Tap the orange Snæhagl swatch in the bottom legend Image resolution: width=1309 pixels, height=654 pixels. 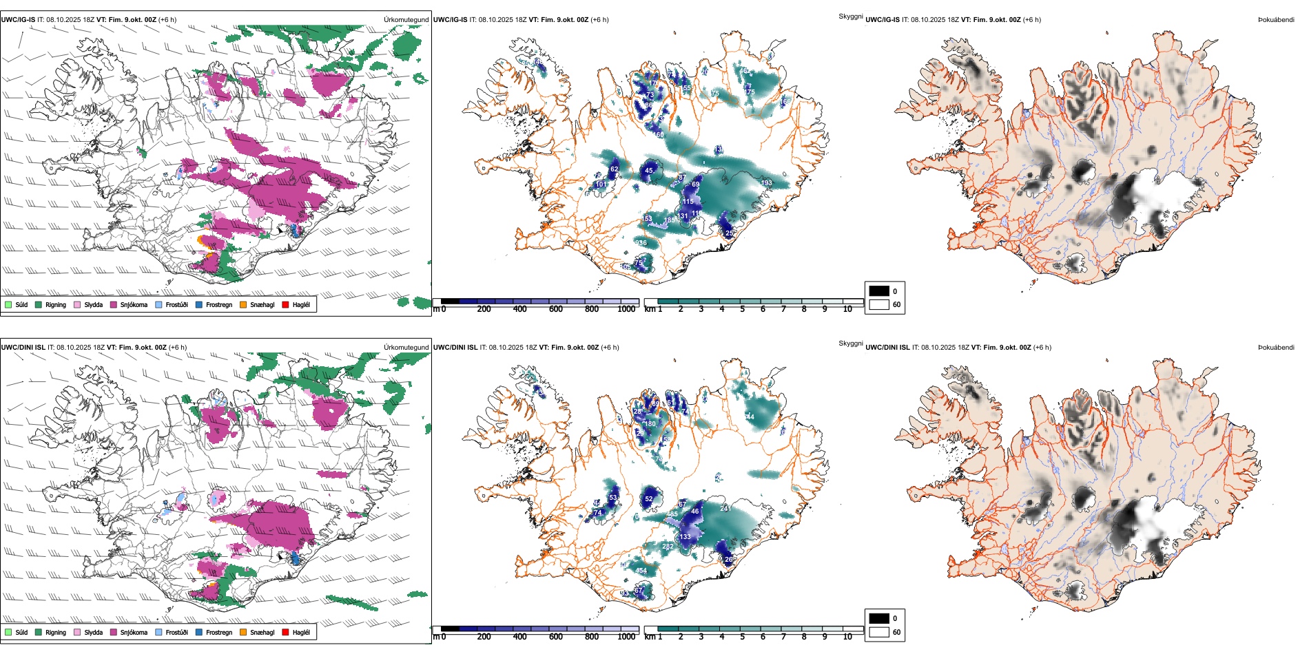click(x=244, y=632)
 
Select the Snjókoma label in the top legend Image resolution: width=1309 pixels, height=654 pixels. click(x=134, y=304)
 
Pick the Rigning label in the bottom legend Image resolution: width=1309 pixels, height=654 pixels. click(x=56, y=632)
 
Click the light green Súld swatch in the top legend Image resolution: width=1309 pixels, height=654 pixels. click(x=8, y=304)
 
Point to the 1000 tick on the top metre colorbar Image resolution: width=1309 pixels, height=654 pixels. click(x=626, y=309)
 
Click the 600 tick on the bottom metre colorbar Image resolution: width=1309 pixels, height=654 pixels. click(x=556, y=637)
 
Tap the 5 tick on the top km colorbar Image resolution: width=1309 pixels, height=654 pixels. click(x=743, y=309)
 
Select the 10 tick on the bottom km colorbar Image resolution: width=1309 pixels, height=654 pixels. click(x=847, y=637)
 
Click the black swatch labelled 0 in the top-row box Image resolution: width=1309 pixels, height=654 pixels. click(x=879, y=291)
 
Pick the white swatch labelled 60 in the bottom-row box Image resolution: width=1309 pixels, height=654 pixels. click(x=879, y=632)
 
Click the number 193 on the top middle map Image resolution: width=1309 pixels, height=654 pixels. click(x=766, y=183)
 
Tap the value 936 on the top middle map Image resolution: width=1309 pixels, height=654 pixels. click(x=641, y=243)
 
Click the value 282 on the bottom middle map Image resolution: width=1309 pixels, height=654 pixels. click(x=668, y=547)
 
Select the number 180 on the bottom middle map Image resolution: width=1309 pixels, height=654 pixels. click(x=650, y=424)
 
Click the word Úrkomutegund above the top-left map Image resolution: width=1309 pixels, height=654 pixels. click(x=406, y=20)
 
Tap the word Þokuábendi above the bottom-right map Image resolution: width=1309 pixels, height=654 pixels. click(x=1276, y=348)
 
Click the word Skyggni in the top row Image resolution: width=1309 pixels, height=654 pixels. click(x=850, y=16)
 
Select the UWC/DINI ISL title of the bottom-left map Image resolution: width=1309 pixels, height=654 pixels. click(x=23, y=348)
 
